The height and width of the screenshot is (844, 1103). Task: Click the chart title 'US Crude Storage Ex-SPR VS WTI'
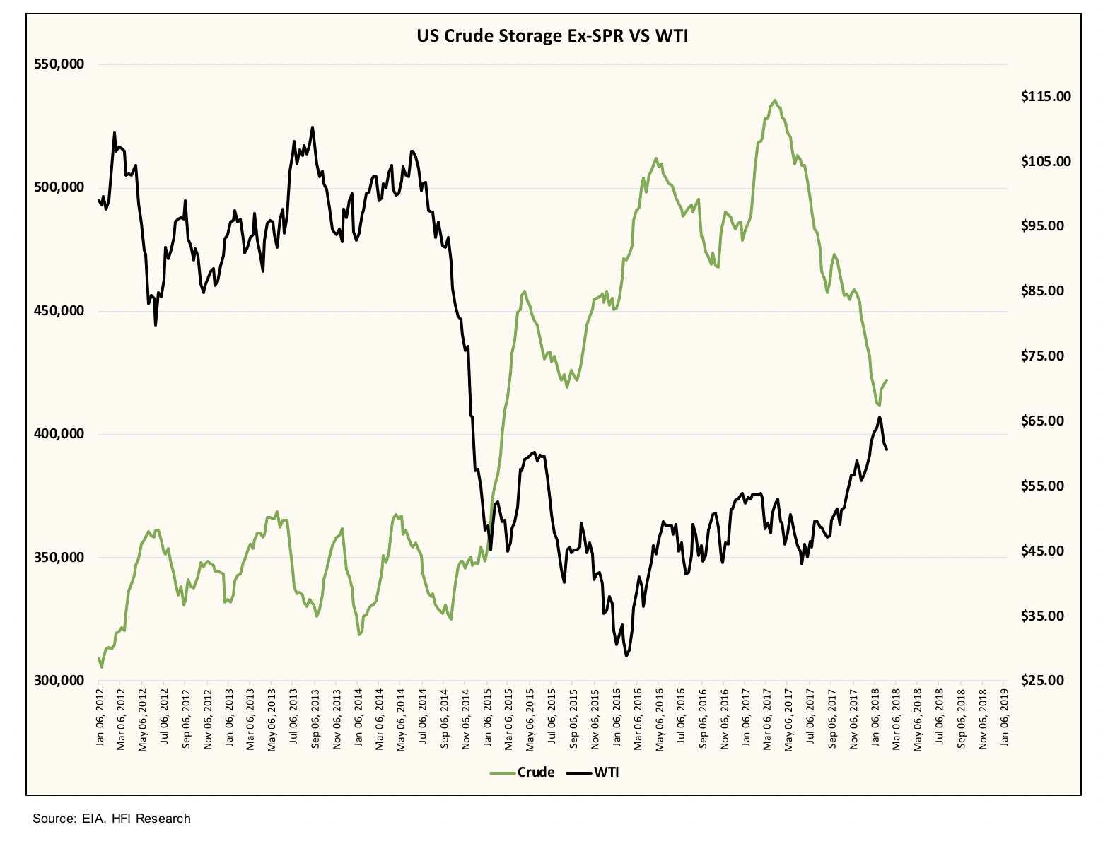pyautogui.click(x=552, y=36)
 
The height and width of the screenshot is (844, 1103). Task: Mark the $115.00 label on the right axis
pyautogui.click(x=1046, y=97)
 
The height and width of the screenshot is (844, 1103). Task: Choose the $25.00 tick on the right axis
pyautogui.click(x=1046, y=681)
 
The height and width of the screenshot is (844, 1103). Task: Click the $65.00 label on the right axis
pyautogui.click(x=1046, y=421)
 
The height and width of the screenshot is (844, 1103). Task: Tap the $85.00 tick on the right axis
pyautogui.click(x=1046, y=291)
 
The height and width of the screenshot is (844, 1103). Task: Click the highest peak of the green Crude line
pyautogui.click(x=775, y=100)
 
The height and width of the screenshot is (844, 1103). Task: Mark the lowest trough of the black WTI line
pyautogui.click(x=626, y=656)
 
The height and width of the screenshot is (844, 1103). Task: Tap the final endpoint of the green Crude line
pyautogui.click(x=887, y=380)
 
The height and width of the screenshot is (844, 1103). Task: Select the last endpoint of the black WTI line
pyautogui.click(x=887, y=450)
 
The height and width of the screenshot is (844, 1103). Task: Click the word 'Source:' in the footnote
pyautogui.click(x=53, y=819)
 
